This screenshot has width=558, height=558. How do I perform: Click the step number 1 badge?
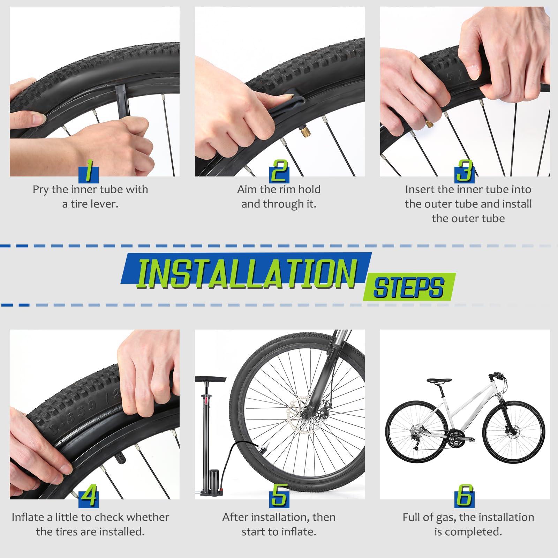pos(89,171)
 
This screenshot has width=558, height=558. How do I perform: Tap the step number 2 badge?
pos(279,171)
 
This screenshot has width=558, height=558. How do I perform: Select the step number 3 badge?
pos(465,171)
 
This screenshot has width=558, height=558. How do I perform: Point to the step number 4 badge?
pos(89,496)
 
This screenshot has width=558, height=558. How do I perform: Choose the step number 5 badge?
pos(279,496)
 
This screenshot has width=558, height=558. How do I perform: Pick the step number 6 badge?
pos(465,496)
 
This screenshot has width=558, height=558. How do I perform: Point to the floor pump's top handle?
pos(211,379)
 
